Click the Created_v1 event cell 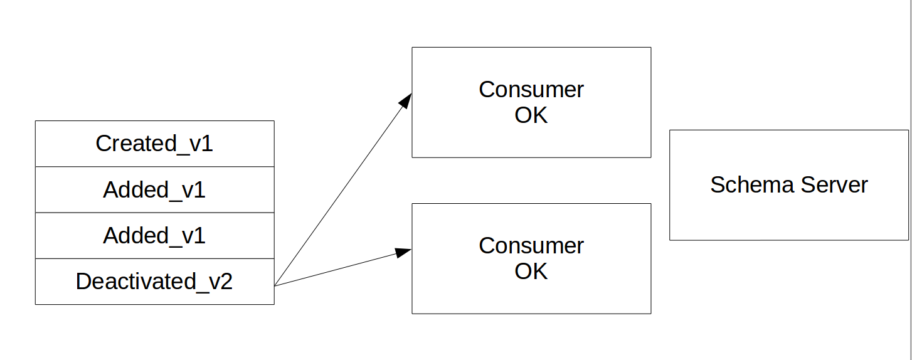tap(154, 144)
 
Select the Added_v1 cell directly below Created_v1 tap(154, 189)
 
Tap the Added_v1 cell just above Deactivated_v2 tap(154, 236)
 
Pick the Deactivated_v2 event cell tap(154, 282)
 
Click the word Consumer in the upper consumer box tap(531, 90)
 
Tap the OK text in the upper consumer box tap(531, 115)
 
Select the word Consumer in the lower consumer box tap(531, 245)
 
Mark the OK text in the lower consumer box tap(531, 271)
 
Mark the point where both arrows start tap(275, 286)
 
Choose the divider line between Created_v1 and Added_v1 tap(154, 167)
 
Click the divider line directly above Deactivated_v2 tap(154, 258)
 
